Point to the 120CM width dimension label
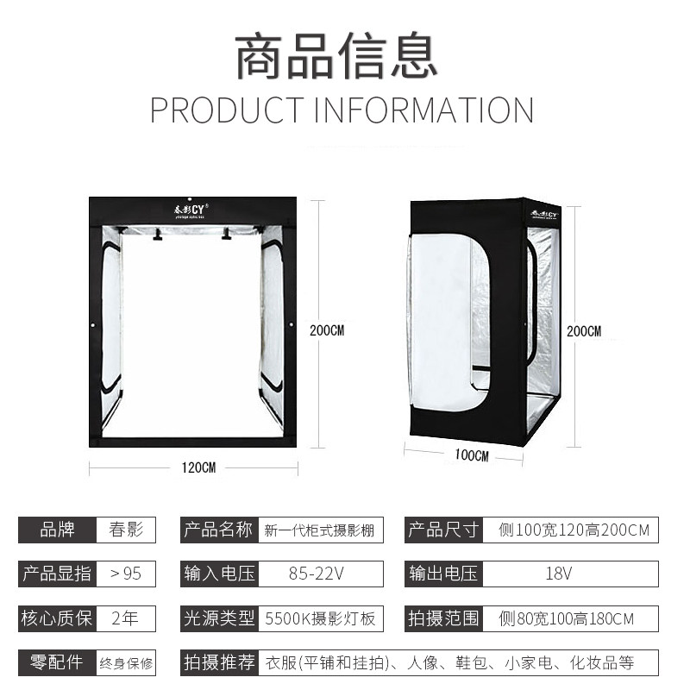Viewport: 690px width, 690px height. (x=198, y=467)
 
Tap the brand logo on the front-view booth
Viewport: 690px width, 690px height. (x=194, y=210)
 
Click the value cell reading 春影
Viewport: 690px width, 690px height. (x=126, y=530)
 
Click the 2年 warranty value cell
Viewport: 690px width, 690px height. (x=126, y=618)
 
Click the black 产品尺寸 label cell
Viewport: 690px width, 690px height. (x=442, y=530)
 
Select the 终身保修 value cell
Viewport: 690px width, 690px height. (x=126, y=662)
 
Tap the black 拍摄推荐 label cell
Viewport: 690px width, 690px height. (x=219, y=662)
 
